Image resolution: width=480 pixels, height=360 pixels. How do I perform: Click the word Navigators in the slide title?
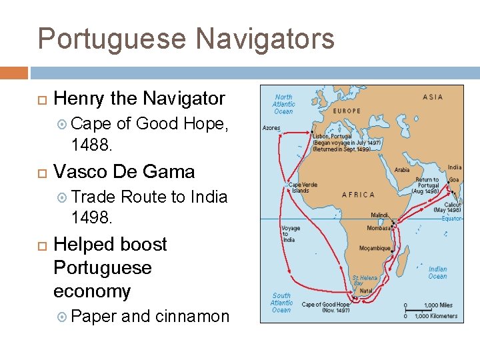265,39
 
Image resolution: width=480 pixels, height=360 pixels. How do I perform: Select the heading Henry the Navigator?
139,99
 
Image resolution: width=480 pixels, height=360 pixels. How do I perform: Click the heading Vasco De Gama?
124,172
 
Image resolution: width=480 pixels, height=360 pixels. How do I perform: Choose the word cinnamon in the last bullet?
192,316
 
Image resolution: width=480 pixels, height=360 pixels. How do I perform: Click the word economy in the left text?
92,291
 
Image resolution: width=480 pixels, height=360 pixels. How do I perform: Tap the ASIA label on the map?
432,97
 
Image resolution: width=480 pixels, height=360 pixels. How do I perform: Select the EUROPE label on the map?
345,111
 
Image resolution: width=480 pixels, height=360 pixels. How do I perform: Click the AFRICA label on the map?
358,195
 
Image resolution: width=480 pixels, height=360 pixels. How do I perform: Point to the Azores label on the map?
271,127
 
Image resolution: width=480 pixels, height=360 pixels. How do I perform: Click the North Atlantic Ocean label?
283,103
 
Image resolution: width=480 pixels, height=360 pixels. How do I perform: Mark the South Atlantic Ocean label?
281,302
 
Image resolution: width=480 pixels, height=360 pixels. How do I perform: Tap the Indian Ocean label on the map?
437,273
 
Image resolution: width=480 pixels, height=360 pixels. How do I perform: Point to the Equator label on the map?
451,219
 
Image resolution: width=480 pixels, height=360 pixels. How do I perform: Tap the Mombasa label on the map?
379,228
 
